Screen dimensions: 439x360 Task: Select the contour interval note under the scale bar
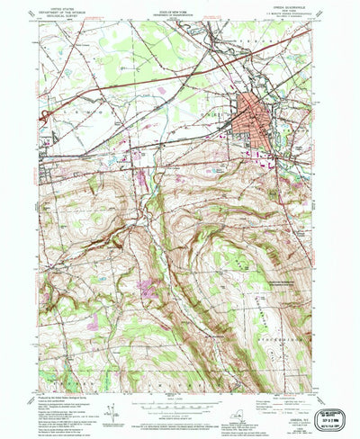pyautogui.click(x=179, y=404)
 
